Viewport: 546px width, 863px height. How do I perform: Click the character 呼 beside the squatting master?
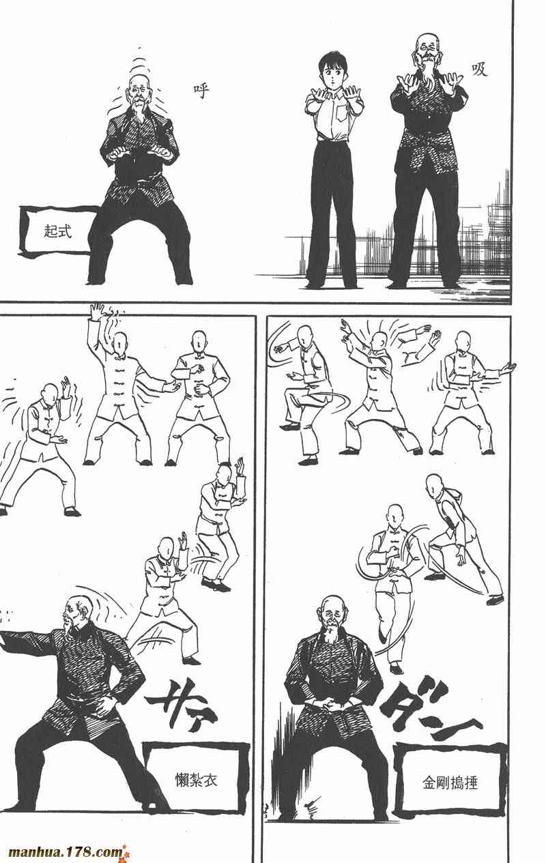tap(201, 91)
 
